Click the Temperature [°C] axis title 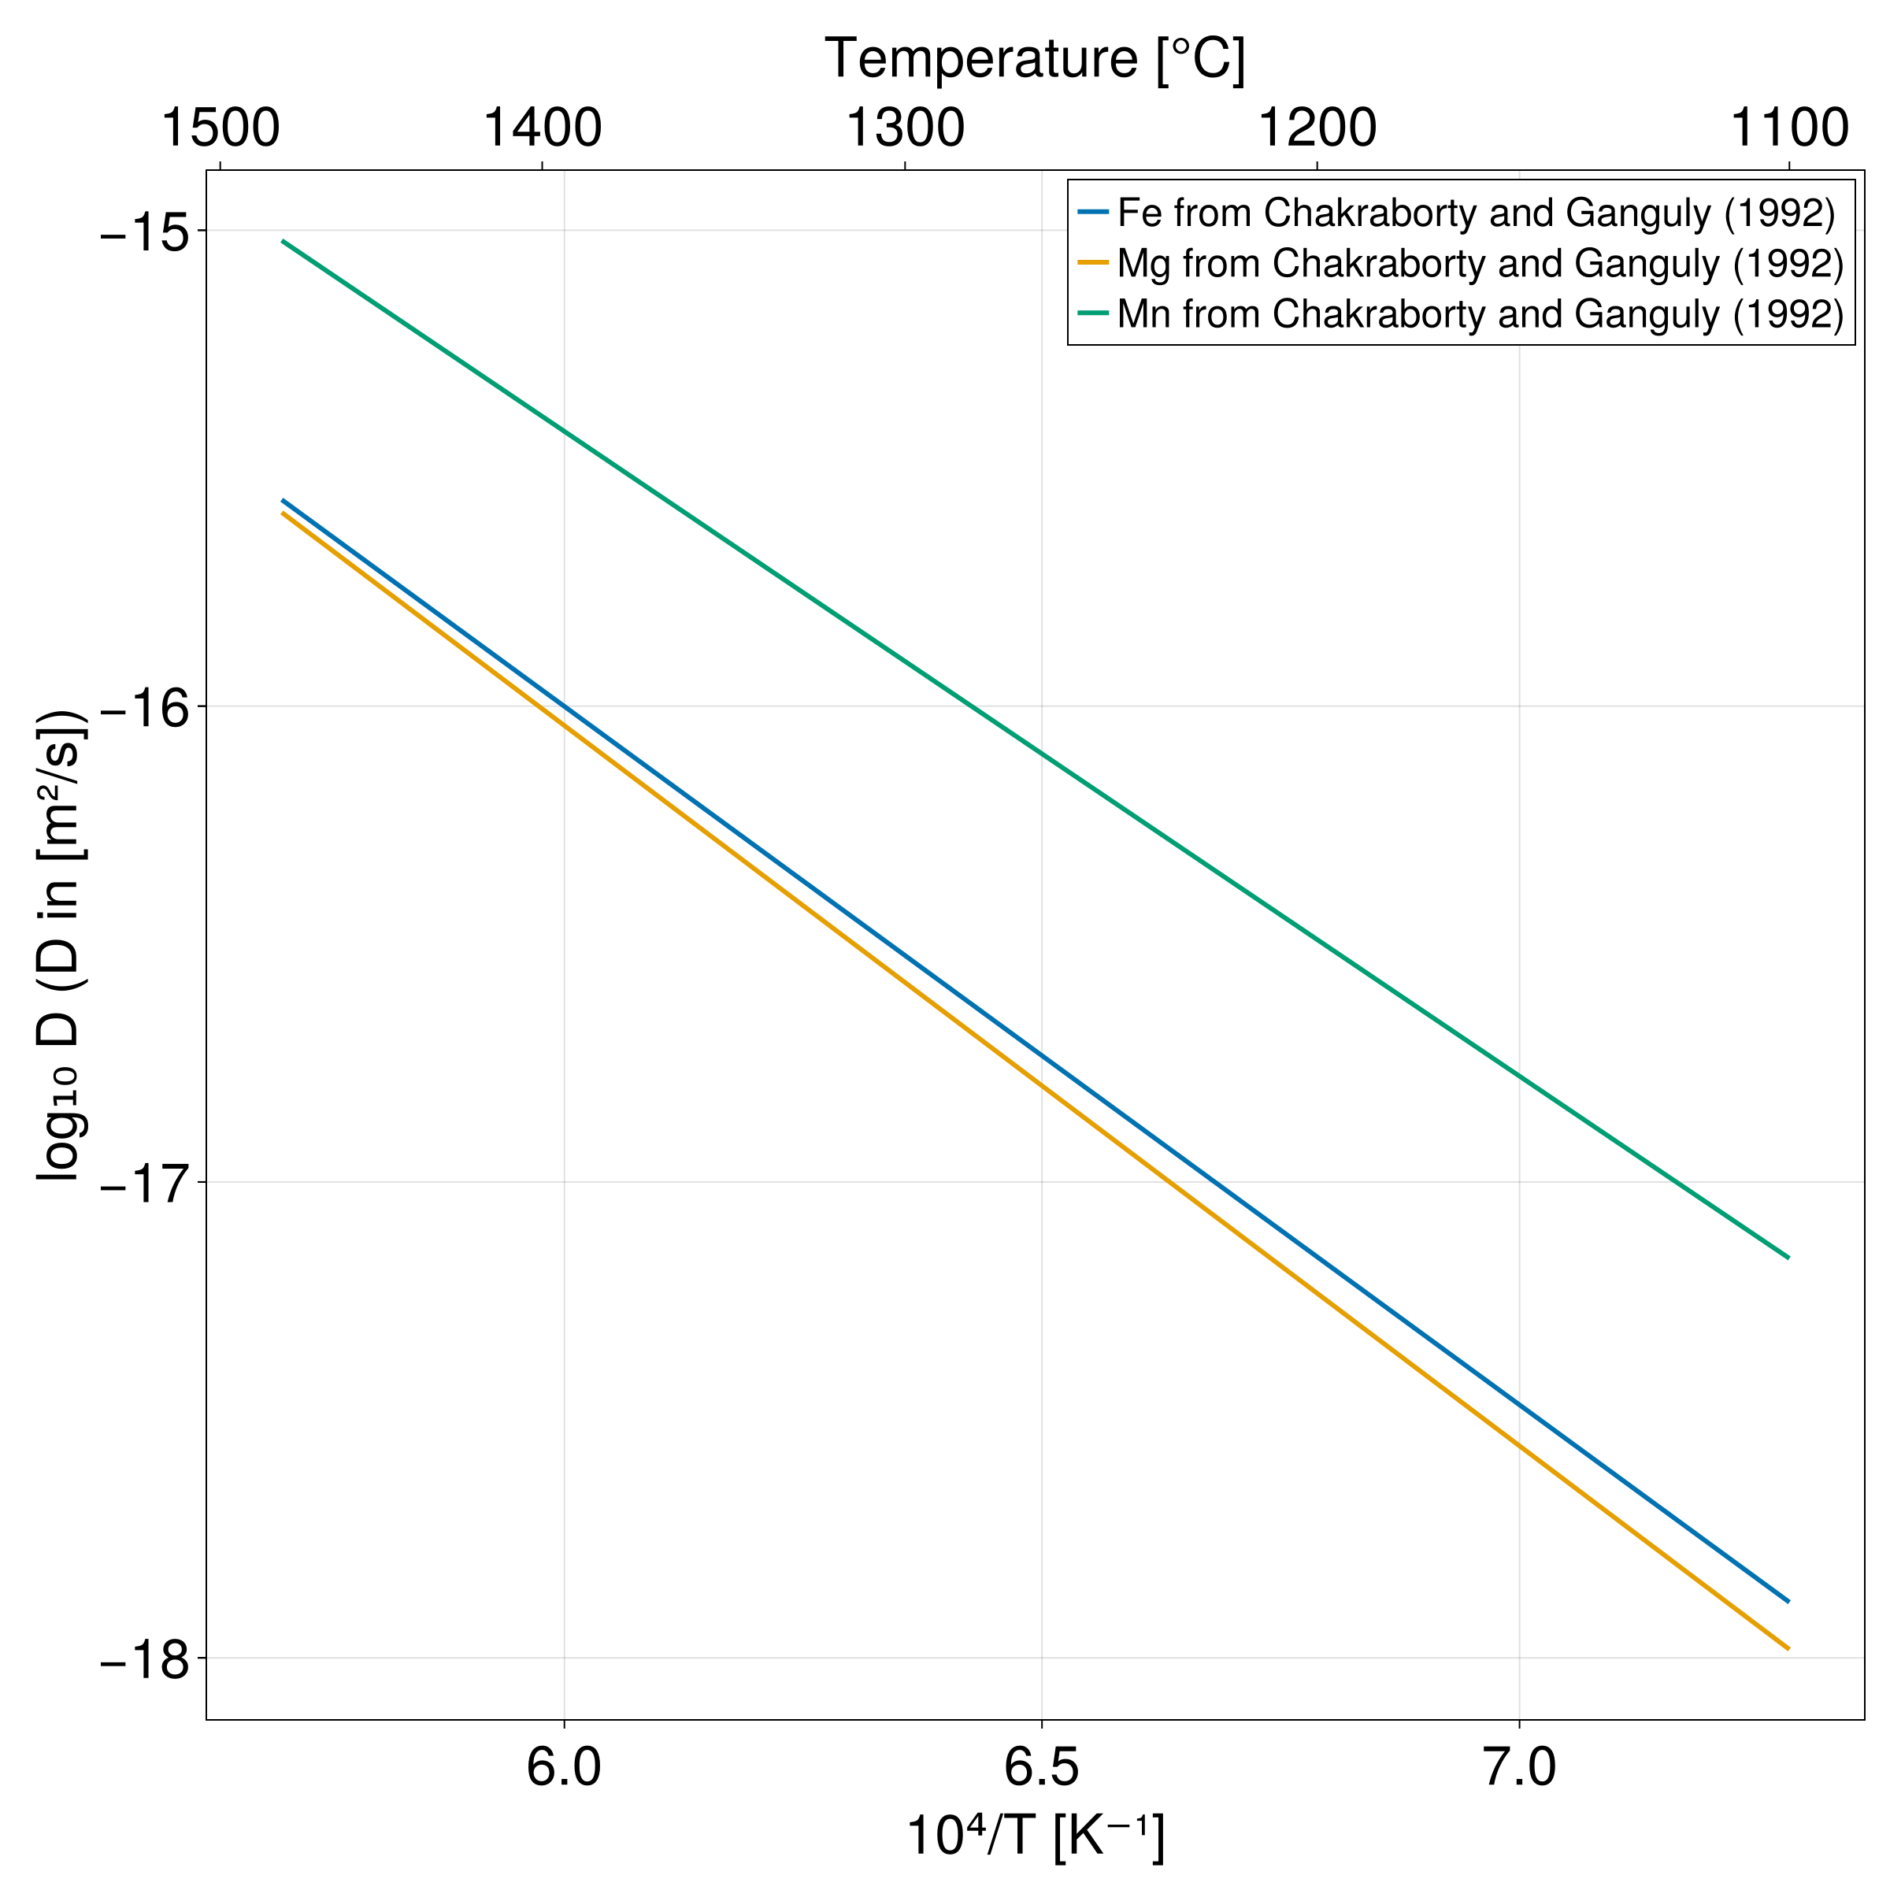pyautogui.click(x=1035, y=59)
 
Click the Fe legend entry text pyautogui.click(x=1475, y=213)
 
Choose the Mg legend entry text pyautogui.click(x=1479, y=263)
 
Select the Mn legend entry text pyautogui.click(x=1479, y=314)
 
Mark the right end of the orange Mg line pyautogui.click(x=1788, y=1648)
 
